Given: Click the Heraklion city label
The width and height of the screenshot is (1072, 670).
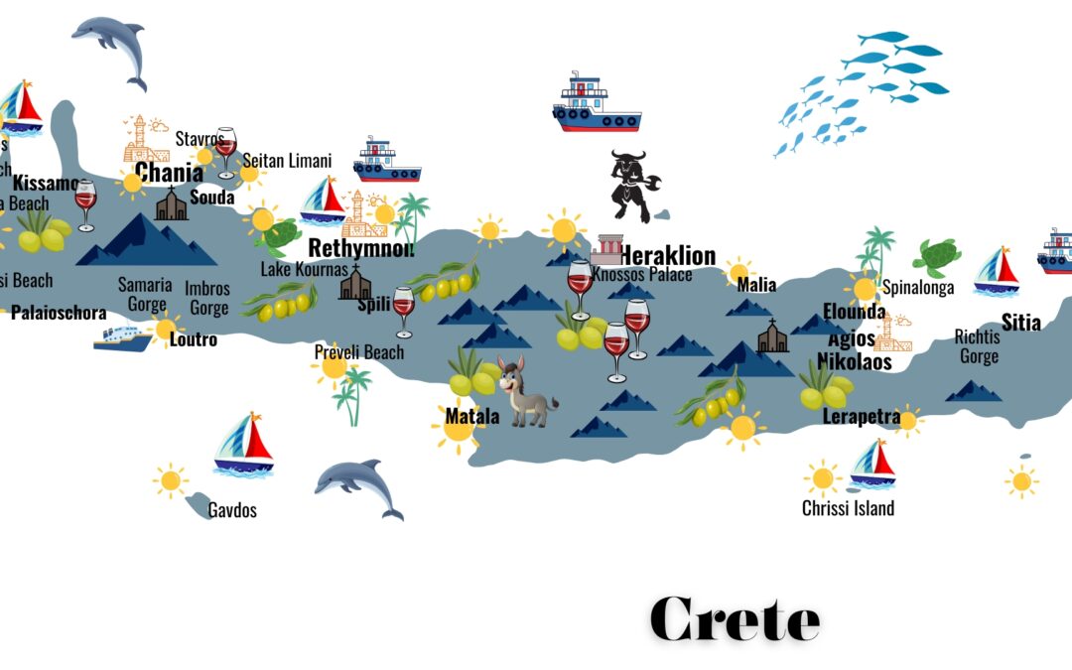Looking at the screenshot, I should pyautogui.click(x=667, y=255).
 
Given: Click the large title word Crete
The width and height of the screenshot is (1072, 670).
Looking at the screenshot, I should pyautogui.click(x=735, y=619).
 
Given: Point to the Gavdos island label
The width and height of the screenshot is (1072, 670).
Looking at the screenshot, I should pyautogui.click(x=232, y=510).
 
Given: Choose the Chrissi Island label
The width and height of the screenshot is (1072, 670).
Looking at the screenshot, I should pyautogui.click(x=848, y=508).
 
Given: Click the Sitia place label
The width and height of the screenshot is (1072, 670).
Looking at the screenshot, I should pyautogui.click(x=1020, y=322).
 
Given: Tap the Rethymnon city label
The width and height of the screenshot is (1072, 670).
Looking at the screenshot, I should pyautogui.click(x=360, y=247).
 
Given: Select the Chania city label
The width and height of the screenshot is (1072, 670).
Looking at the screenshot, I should pyautogui.click(x=169, y=173).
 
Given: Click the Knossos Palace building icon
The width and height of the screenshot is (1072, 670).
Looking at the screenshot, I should pyautogui.click(x=605, y=251).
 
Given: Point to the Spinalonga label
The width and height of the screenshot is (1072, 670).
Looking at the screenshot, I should pyautogui.click(x=918, y=288).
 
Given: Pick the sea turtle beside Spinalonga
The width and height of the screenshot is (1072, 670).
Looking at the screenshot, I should pyautogui.click(x=936, y=257).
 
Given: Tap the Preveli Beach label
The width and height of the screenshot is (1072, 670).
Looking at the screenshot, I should pyautogui.click(x=359, y=352).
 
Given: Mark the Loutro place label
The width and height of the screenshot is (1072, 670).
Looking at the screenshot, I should pyautogui.click(x=194, y=339).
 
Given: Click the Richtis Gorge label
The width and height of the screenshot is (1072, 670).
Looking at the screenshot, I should pyautogui.click(x=978, y=346).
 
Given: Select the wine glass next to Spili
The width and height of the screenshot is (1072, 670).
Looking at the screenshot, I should pyautogui.click(x=403, y=312).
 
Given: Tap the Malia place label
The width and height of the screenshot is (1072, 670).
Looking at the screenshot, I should pyautogui.click(x=756, y=286).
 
